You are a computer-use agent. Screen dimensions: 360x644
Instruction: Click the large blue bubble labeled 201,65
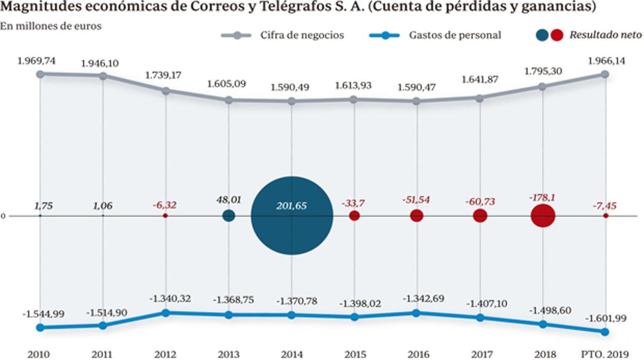tap(292, 216)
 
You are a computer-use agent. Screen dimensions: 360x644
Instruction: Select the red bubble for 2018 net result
tap(543, 216)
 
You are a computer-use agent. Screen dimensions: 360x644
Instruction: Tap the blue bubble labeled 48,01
tap(229, 216)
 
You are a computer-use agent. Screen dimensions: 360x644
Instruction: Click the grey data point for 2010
tap(40, 74)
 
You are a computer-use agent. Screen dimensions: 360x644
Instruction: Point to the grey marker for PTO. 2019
tap(605, 74)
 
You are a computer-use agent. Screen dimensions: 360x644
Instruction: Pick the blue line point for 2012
tap(166, 313)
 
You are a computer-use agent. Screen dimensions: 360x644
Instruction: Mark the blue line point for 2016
tap(417, 313)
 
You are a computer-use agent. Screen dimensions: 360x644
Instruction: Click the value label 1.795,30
tap(543, 71)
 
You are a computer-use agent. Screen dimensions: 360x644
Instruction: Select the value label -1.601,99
tap(605, 318)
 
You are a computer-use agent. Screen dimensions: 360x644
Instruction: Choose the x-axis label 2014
tap(292, 354)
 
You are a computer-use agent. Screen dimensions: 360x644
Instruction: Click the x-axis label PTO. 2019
tap(605, 354)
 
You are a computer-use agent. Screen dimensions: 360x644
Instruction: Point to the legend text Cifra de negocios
tap(302, 35)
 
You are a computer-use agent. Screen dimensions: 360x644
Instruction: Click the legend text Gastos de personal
tap(455, 35)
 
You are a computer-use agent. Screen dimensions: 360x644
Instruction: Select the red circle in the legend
tap(556, 35)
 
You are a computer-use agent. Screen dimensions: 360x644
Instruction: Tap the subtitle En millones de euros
tap(51, 26)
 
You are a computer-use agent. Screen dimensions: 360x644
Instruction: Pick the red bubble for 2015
tap(354, 216)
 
